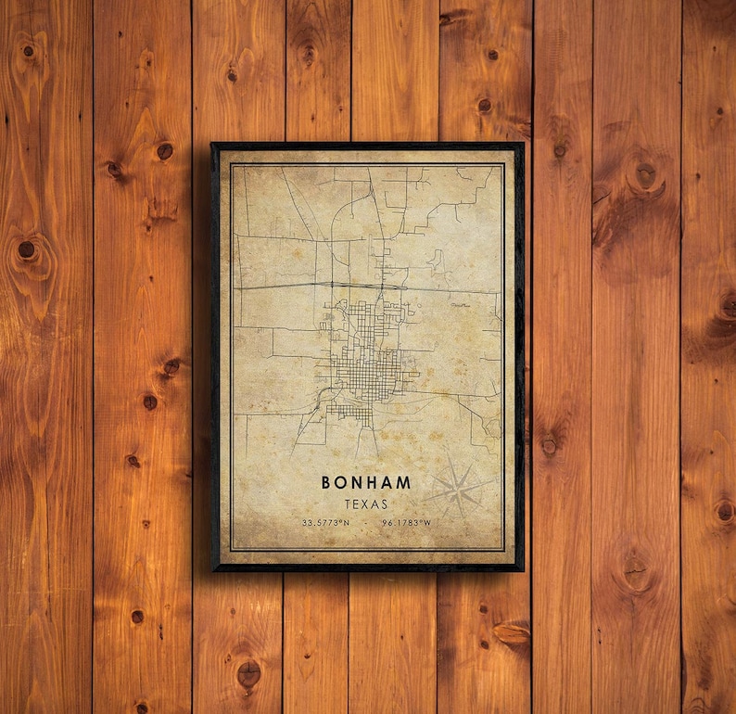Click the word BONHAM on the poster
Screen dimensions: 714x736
[366, 483]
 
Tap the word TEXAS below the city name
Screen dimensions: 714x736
[366, 504]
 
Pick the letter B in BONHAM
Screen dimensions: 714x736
[326, 483]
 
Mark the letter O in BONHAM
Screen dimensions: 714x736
[342, 483]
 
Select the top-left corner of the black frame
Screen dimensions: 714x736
[213, 145]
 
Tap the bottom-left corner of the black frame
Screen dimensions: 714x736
[213, 568]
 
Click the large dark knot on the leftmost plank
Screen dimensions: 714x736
[27, 249]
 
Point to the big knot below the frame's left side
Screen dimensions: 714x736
[248, 674]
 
